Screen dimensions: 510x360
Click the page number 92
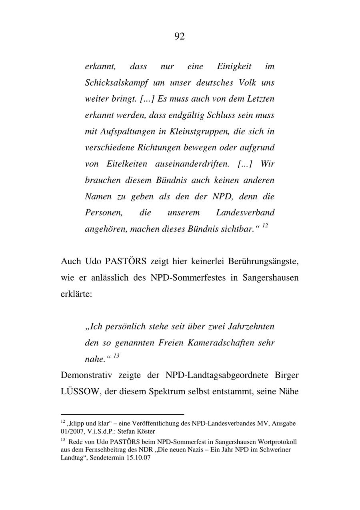tap(180, 36)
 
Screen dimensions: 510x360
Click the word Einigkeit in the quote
tap(234, 66)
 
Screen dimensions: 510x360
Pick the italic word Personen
tap(103, 213)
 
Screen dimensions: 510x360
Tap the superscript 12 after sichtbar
tap(265, 226)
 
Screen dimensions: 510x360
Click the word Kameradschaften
tap(222, 343)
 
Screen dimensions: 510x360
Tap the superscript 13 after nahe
tap(116, 356)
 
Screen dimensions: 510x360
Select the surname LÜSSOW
tap(80, 392)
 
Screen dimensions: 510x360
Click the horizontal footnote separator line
tap(122, 415)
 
